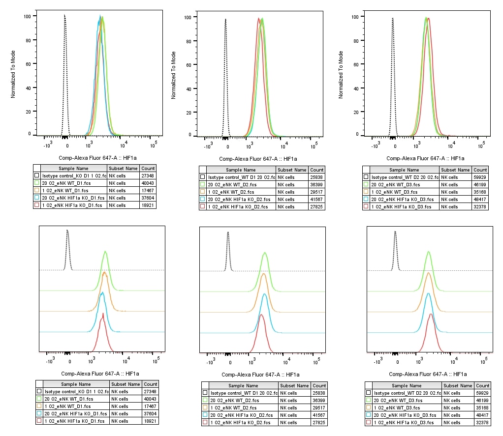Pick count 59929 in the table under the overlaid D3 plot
click(x=480, y=177)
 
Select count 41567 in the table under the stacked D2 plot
click(x=319, y=415)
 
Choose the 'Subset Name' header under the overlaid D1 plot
click(x=123, y=168)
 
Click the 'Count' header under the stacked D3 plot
click(x=482, y=385)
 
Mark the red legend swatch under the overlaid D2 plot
click(x=203, y=207)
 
